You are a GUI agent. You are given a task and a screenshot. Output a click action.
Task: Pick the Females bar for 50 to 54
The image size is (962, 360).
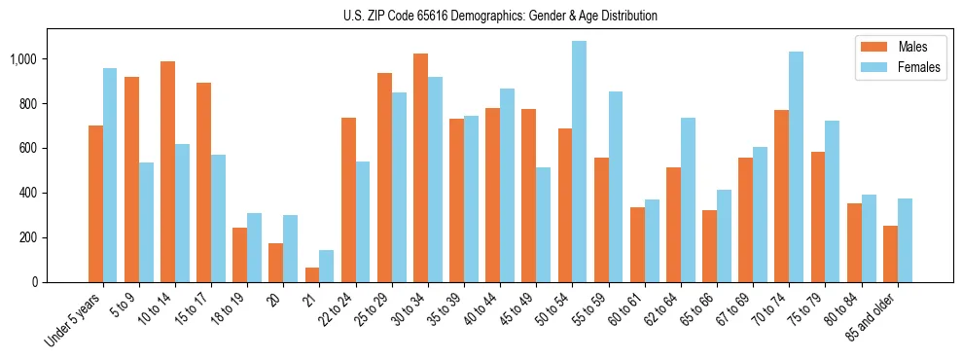click(x=580, y=162)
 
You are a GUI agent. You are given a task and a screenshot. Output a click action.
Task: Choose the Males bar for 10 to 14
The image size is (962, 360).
click(x=167, y=171)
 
